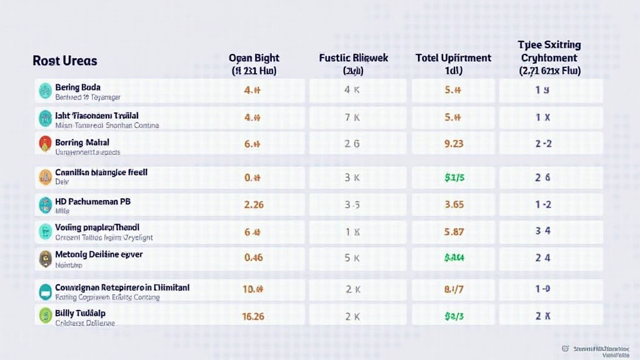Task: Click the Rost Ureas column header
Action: pos(65,61)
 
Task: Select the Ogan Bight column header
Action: pos(253,64)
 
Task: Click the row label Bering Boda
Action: pos(77,87)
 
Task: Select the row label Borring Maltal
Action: pos(82,142)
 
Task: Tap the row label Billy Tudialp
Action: pos(80,312)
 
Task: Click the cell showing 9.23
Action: pos(453,144)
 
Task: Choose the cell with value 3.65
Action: pos(453,204)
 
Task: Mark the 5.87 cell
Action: pos(453,231)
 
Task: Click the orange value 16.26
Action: pos(252,316)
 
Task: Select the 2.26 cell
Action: pos(253,204)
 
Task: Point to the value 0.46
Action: pos(253,257)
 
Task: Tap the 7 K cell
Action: pos(352,117)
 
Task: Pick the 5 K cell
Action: pos(352,257)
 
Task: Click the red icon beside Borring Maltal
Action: pos(44,144)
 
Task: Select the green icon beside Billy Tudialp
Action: pos(44,315)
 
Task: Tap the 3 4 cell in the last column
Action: pos(542,231)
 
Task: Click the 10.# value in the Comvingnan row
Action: pos(252,289)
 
